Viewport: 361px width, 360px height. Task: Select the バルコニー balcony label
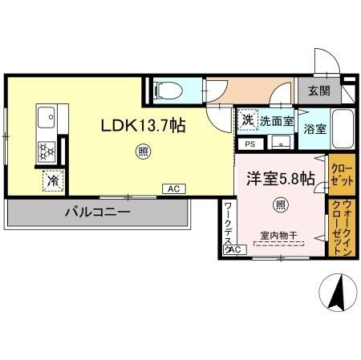pos(99,212)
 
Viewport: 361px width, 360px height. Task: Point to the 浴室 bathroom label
pos(314,128)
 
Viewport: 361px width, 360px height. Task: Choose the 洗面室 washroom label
pos(276,121)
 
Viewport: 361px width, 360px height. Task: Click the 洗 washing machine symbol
pos(247,119)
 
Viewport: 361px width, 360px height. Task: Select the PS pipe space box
pos(249,144)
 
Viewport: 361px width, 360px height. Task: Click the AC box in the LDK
pos(172,188)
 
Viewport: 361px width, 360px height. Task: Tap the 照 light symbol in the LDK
pos(142,150)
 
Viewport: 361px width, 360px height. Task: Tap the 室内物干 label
pos(278,236)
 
